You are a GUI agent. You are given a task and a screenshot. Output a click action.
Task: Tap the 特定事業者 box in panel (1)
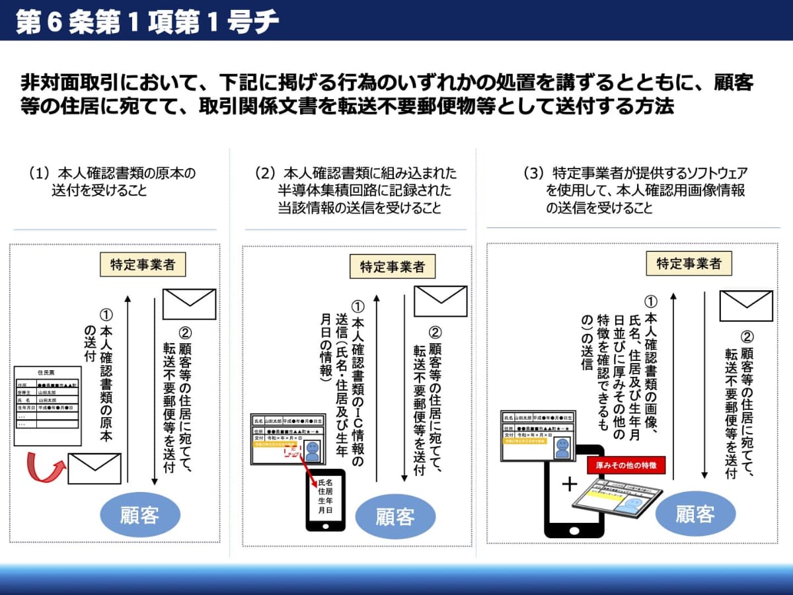click(x=142, y=264)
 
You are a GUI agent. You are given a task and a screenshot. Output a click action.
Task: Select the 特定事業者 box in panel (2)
click(x=393, y=266)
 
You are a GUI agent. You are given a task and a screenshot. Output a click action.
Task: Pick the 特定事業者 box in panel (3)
click(x=689, y=263)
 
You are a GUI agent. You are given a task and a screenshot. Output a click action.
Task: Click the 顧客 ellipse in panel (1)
click(x=139, y=514)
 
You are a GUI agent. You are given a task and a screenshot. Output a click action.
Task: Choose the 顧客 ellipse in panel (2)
click(x=395, y=516)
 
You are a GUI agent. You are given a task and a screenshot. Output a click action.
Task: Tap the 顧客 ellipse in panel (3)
click(x=695, y=513)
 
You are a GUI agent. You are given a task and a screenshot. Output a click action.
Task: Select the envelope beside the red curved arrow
click(x=94, y=468)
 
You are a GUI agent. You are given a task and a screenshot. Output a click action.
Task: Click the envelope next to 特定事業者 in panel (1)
click(x=189, y=304)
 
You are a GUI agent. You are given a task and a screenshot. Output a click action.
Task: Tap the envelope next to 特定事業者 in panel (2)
click(x=440, y=301)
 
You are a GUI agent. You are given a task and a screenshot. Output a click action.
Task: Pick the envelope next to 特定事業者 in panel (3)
click(x=746, y=305)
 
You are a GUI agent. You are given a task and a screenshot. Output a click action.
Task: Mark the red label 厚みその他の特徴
click(x=626, y=465)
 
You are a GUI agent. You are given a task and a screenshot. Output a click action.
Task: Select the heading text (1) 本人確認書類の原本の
click(x=112, y=174)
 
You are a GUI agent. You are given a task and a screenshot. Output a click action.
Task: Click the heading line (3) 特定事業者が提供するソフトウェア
click(x=636, y=174)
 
